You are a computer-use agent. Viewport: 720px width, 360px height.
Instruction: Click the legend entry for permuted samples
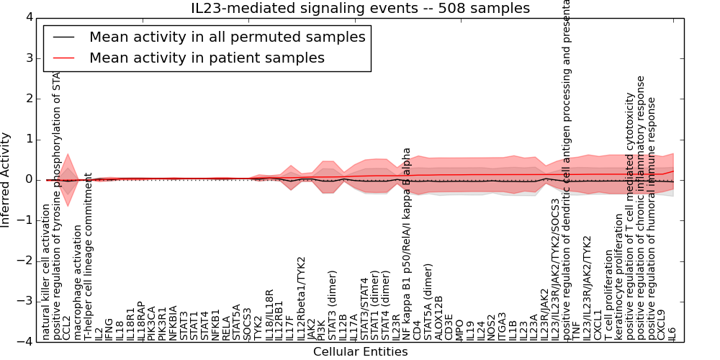(x=227, y=37)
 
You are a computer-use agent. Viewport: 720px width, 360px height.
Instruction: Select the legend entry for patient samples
(x=207, y=58)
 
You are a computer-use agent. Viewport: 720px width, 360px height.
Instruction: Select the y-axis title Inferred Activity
(x=6, y=179)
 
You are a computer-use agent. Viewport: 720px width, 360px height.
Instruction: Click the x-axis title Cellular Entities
(x=360, y=352)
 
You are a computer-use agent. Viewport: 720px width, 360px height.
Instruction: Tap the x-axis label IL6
(x=672, y=333)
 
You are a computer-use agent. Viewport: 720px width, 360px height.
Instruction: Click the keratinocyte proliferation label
(x=619, y=276)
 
